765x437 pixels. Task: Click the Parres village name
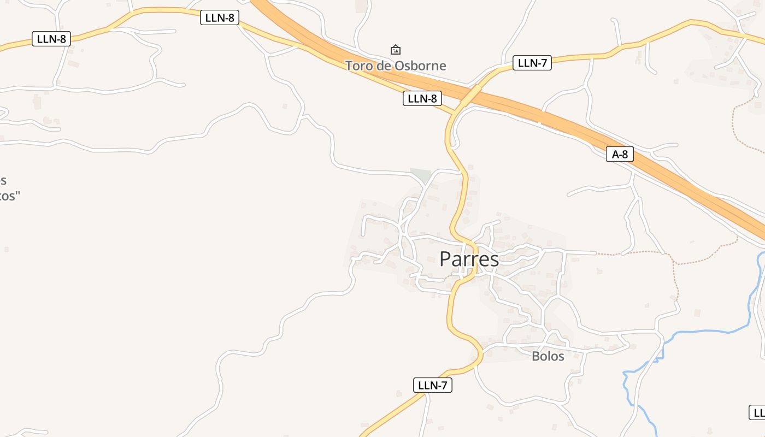(469, 259)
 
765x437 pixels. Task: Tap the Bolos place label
(548, 356)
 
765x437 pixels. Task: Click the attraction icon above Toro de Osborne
(396, 50)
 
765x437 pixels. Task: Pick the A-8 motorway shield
(620, 155)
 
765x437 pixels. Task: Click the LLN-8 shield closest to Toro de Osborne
(422, 98)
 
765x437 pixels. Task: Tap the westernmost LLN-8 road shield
(51, 39)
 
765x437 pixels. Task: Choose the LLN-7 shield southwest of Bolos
(432, 385)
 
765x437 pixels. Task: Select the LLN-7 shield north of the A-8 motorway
(532, 63)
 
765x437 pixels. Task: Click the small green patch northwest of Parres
(420, 175)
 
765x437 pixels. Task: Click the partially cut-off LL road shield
(757, 412)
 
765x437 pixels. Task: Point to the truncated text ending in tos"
(10, 196)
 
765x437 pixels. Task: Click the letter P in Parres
(446, 259)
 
